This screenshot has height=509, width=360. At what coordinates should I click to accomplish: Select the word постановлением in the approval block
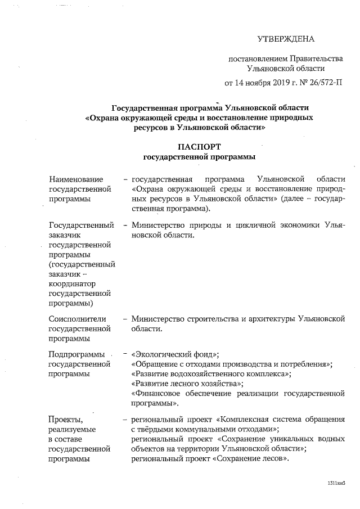[256, 58]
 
